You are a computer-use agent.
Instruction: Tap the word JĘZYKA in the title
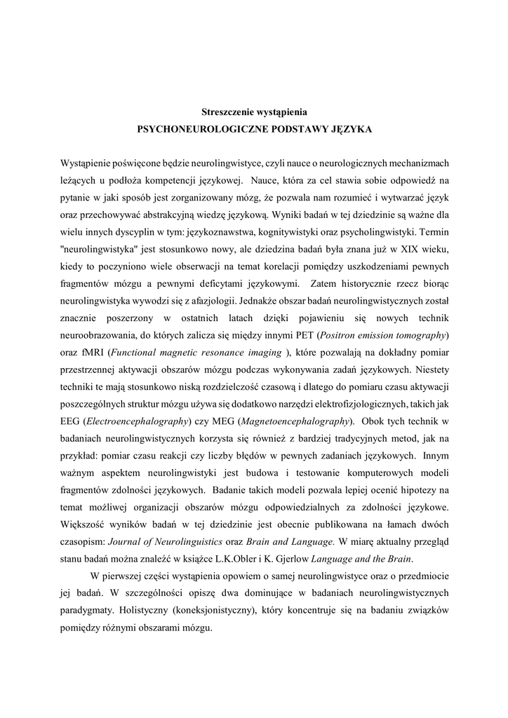(349, 130)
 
